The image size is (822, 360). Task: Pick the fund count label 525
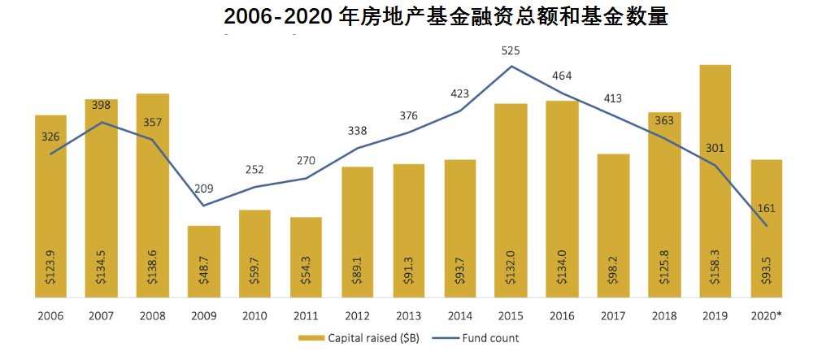510,50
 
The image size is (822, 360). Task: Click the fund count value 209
203,189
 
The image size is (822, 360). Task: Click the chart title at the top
446,16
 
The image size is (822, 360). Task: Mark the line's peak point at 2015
511,67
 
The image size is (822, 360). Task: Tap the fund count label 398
101,106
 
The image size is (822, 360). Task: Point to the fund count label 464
562,76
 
